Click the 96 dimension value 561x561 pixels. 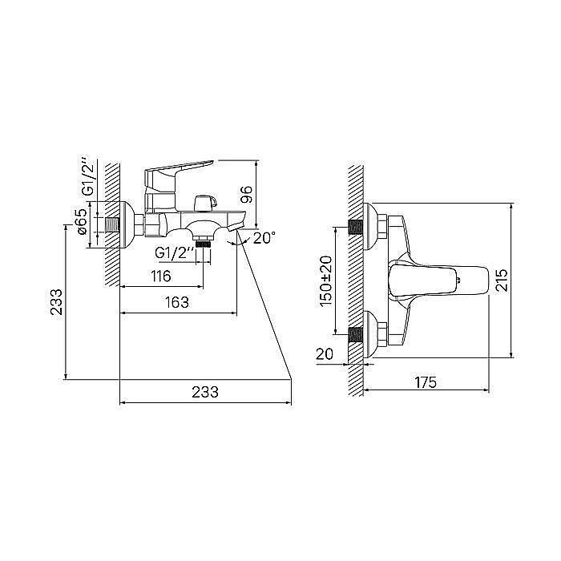tap(247, 194)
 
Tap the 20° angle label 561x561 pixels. tap(264, 238)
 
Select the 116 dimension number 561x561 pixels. tap(161, 276)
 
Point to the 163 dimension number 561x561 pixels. tap(177, 303)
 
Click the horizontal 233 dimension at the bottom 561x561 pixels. tap(205, 392)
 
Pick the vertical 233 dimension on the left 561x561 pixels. tap(56, 302)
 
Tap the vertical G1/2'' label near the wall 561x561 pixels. tap(87, 176)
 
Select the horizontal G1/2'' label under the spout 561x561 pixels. tap(175, 254)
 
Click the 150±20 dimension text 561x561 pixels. tap(326, 281)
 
